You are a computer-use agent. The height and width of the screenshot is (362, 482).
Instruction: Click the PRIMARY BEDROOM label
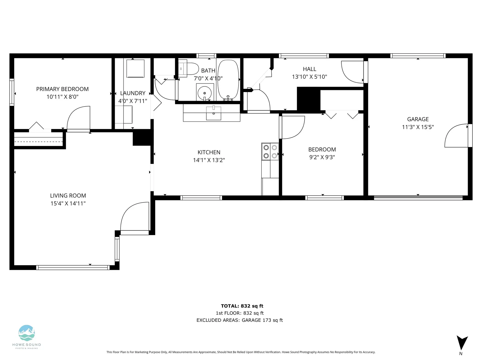(x=62, y=89)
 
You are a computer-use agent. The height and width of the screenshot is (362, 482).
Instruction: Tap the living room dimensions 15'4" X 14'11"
(x=68, y=203)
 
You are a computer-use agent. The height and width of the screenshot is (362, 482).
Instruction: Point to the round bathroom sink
(x=205, y=93)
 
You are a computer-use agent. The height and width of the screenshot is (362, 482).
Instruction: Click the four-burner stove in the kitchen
(x=270, y=152)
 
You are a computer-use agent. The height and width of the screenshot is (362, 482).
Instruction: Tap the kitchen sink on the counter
(x=214, y=113)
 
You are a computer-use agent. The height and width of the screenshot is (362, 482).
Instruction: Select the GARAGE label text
(x=418, y=119)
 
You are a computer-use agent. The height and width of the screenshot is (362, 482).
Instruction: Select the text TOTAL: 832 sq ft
(x=242, y=306)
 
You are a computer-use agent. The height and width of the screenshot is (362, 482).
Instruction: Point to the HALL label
(x=309, y=69)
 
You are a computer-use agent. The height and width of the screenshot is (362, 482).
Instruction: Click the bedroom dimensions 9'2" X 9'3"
(x=322, y=157)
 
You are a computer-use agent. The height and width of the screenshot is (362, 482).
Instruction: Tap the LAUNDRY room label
(x=133, y=93)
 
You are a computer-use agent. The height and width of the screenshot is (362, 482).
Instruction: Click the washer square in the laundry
(x=135, y=68)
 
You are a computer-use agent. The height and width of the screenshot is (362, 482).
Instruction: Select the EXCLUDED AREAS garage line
(x=239, y=320)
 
